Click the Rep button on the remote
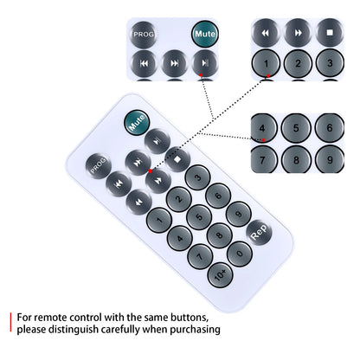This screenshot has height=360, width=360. pos(259,232)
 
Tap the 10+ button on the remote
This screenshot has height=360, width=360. pos(221,275)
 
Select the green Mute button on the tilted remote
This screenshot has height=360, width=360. pos(137,123)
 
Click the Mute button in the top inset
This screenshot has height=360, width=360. pos(205,34)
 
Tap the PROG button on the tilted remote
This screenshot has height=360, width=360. pos(99,166)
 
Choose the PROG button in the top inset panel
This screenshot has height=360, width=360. pos(144,35)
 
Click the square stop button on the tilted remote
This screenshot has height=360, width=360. pos(177,159)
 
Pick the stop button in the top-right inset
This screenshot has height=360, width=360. pos(330,33)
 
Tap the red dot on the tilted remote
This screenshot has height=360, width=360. pos(151,171)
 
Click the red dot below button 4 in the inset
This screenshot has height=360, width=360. pos(263,140)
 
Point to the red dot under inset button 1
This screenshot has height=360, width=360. pos(268,76)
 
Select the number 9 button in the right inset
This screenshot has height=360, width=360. pos(330,160)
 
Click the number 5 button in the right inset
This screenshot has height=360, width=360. pos(296,128)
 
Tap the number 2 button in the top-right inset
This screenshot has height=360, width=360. pos(298,63)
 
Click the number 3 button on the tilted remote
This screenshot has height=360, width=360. pos(198,177)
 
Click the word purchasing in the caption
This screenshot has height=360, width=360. pos(195,330)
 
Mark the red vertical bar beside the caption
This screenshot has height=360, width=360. pos(10,322)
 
